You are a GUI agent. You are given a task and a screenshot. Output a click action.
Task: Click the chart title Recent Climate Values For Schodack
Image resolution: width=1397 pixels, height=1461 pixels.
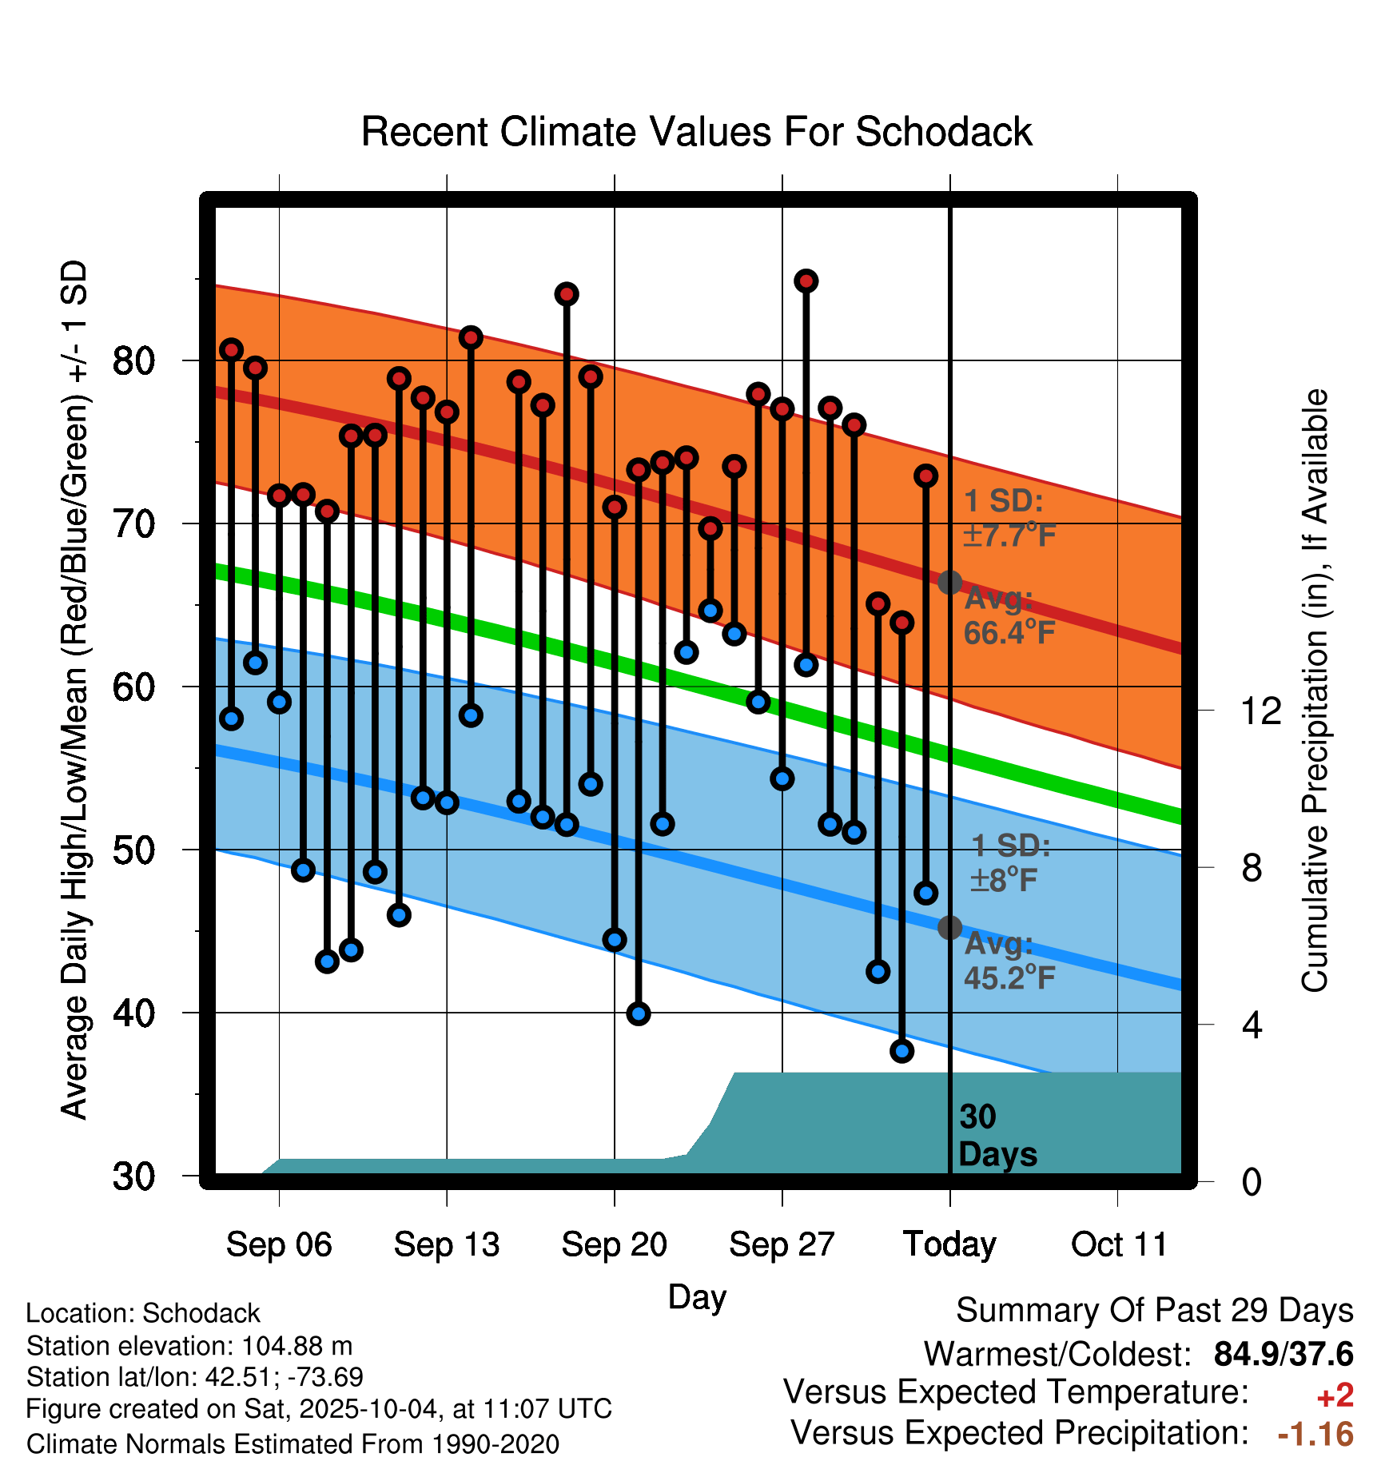click(x=696, y=132)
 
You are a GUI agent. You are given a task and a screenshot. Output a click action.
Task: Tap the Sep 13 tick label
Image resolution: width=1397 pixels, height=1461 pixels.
click(x=446, y=1244)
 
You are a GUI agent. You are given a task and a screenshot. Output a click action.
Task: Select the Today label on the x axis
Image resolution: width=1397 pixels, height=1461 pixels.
click(x=949, y=1244)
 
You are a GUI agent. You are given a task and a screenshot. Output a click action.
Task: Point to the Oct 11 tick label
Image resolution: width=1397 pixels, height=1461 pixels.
click(x=1119, y=1244)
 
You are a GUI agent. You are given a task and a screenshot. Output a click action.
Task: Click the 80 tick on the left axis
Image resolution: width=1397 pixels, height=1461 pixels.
click(x=133, y=361)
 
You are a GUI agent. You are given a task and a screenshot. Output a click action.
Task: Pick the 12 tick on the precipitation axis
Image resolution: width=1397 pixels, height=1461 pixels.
click(x=1260, y=711)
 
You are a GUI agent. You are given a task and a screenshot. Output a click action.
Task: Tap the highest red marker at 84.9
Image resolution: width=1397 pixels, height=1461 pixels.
click(x=806, y=281)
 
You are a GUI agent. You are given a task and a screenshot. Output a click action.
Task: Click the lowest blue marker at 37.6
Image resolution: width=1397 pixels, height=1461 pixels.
click(x=901, y=1051)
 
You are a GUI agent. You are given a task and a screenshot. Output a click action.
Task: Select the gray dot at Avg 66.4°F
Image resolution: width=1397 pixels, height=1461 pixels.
click(x=949, y=583)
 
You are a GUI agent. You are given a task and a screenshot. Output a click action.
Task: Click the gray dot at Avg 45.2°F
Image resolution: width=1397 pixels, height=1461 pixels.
click(x=949, y=928)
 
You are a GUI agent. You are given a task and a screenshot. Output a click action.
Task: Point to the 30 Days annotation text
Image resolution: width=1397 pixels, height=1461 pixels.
click(x=997, y=1136)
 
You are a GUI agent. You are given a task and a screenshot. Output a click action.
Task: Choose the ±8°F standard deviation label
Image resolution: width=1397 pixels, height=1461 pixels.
click(x=1004, y=881)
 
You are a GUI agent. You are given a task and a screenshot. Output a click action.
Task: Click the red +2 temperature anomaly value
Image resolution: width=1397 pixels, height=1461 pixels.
click(x=1335, y=1395)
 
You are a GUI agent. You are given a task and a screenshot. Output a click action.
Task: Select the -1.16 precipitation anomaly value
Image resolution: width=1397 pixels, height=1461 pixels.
click(x=1315, y=1435)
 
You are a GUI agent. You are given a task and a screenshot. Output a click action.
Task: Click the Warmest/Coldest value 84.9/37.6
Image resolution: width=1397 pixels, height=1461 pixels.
click(x=1283, y=1354)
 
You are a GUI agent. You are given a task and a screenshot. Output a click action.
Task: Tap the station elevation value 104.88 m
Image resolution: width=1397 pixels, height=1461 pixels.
click(x=297, y=1346)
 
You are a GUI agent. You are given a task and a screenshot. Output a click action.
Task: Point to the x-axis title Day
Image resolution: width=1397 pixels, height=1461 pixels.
click(x=697, y=1297)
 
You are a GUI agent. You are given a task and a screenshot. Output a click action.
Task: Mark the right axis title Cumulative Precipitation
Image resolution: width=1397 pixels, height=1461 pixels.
click(x=1315, y=691)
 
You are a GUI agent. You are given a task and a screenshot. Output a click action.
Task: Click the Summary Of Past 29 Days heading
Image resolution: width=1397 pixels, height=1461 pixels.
click(x=1154, y=1311)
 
